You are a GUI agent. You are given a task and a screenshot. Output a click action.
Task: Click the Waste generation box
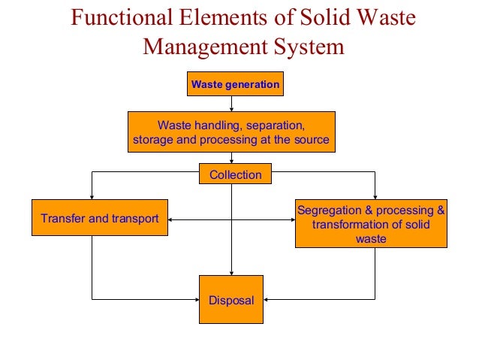(235, 85)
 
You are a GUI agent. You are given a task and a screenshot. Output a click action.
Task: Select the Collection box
(235, 175)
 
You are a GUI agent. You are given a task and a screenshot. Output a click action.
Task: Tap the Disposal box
(231, 300)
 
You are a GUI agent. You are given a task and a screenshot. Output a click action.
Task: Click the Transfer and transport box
(99, 219)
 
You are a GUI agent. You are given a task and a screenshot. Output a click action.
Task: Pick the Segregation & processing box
(371, 224)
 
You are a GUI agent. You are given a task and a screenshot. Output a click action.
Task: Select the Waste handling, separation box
(230, 132)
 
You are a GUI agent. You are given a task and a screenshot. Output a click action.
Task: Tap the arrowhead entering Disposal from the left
(195, 300)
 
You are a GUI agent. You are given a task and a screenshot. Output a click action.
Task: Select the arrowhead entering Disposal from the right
(267, 300)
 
